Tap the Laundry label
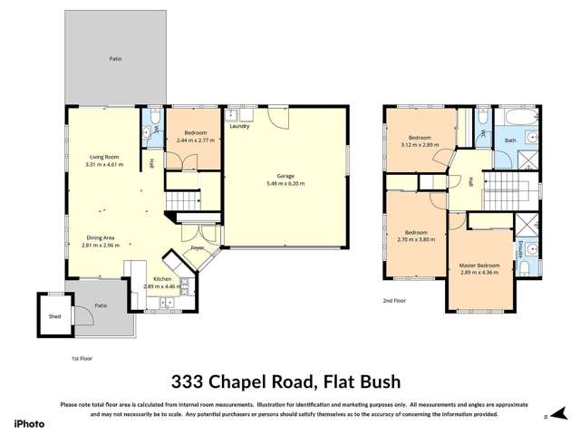[240, 126]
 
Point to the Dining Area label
[100, 237]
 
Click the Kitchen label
[162, 279]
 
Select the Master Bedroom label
[479, 265]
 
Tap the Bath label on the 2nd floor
[509, 140]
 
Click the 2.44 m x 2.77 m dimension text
[194, 140]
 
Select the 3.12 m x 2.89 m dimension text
[420, 144]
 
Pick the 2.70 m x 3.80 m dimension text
[416, 239]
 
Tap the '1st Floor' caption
[82, 358]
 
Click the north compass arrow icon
[548, 418]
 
